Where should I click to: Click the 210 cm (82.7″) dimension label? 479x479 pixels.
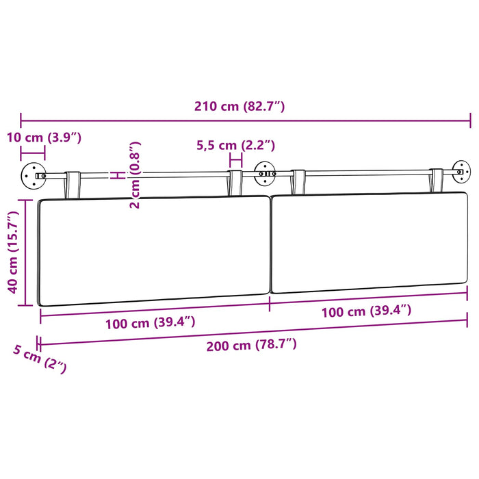pos(239,106)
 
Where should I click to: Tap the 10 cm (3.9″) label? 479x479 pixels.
pos(44,138)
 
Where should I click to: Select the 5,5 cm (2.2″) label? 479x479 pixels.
pos(235,145)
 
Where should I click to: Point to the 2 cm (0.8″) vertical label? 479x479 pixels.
pos(135,175)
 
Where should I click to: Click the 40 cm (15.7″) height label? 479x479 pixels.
pos(13,252)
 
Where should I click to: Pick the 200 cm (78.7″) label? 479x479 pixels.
pos(251,345)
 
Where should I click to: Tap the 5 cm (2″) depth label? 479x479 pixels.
pos(40,359)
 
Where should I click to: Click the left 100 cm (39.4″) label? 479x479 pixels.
pos(151,323)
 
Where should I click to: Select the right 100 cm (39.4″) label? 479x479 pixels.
pos(366,311)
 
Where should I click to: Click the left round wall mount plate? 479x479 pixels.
pos(34,176)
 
